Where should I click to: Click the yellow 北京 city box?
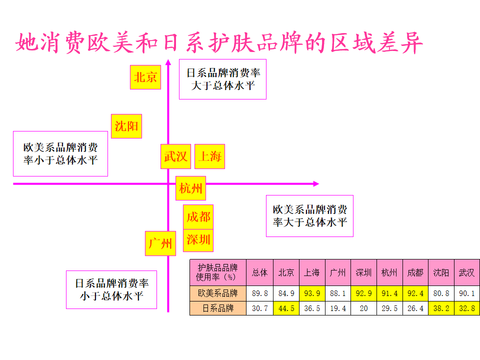(145, 77)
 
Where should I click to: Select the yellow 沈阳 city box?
(126, 126)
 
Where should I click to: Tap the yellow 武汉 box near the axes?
(175, 156)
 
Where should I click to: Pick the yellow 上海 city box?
(209, 156)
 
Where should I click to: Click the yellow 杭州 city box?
(190, 188)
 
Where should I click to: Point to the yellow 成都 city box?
(198, 217)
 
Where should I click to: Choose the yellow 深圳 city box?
(198, 239)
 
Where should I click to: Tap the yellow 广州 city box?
(160, 243)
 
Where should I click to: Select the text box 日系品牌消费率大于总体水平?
(223, 79)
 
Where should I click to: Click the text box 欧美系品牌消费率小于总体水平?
(60, 153)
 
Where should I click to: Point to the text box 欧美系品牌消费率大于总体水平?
(309, 215)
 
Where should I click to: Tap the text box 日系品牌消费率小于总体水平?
(111, 289)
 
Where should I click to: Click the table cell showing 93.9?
(312, 293)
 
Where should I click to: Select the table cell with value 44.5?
(286, 308)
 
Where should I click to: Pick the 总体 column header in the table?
(260, 272)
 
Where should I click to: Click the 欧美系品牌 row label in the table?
(218, 293)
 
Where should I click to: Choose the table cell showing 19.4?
(337, 308)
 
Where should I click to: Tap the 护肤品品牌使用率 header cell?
(218, 272)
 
